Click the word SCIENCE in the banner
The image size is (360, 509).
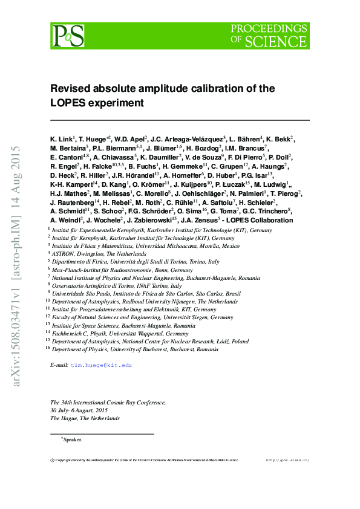279,41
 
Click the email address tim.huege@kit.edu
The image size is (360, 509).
101,366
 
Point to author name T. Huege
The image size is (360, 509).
91,139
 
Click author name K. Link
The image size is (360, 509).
60,139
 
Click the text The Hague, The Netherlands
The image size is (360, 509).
85,418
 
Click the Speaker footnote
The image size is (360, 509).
72,440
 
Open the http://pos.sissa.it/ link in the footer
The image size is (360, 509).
287,461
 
